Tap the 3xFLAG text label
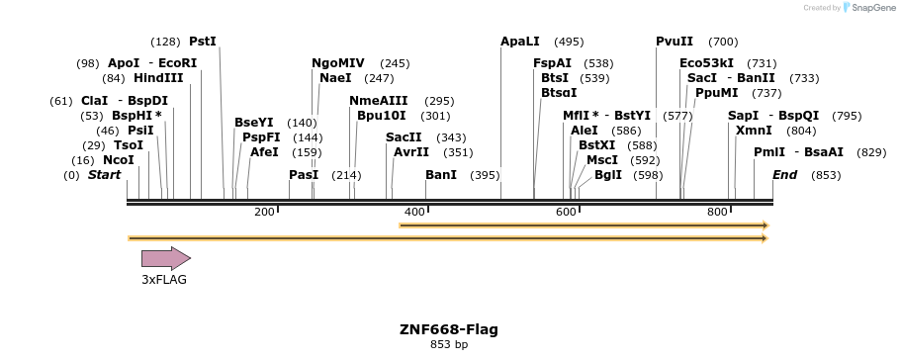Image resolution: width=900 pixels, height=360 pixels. [164, 280]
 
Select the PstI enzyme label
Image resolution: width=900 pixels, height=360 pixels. [202, 42]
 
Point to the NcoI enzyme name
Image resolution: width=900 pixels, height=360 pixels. [119, 160]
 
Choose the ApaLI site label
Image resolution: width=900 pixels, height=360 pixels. [520, 42]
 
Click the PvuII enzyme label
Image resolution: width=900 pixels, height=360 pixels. [675, 42]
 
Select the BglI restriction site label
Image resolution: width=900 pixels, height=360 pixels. [608, 175]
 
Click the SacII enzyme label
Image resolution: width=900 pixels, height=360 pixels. [404, 137]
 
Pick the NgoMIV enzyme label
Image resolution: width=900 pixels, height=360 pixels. [338, 63]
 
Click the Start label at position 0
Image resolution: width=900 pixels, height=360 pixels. [104, 175]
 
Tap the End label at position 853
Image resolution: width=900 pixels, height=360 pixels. [784, 175]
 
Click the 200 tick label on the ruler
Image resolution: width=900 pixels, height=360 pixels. [264, 213]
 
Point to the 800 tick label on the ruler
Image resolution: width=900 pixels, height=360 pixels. [717, 213]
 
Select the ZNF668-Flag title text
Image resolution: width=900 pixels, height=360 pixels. [449, 329]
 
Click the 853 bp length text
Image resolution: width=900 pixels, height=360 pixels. [449, 345]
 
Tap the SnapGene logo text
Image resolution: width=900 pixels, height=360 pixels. [870, 8]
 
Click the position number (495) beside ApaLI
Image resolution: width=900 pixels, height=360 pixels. [569, 42]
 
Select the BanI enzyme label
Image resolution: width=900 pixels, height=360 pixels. [441, 175]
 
